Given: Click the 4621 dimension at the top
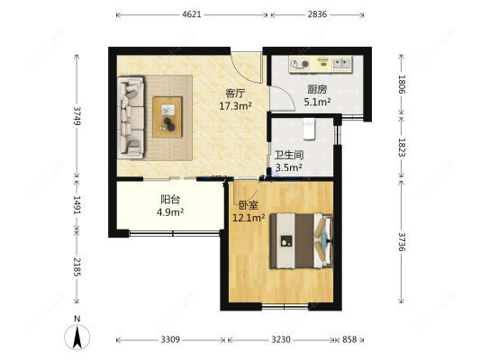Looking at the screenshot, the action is pyautogui.click(x=191, y=14).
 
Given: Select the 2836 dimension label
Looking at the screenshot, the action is pyautogui.click(x=318, y=14).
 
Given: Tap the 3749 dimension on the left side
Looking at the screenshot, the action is pyautogui.click(x=77, y=115).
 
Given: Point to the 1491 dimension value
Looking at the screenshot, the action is pyautogui.click(x=77, y=205).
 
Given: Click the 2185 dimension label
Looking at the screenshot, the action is pyautogui.click(x=77, y=267).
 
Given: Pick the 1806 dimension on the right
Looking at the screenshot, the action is pyautogui.click(x=402, y=84).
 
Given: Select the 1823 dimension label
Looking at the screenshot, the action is pyautogui.click(x=402, y=148).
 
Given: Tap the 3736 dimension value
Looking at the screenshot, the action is pyautogui.click(x=402, y=241).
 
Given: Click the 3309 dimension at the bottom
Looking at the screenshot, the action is pyautogui.click(x=170, y=339).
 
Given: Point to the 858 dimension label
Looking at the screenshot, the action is pyautogui.click(x=349, y=339).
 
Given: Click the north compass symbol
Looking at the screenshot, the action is pyautogui.click(x=77, y=334).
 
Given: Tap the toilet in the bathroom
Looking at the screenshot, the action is pyautogui.click(x=309, y=130).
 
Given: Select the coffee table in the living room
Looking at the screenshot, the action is pyautogui.click(x=168, y=116).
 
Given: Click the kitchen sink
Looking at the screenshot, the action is pyautogui.click(x=342, y=63).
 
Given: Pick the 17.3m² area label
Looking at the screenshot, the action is pyautogui.click(x=235, y=106).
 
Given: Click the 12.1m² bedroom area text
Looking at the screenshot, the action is pyautogui.click(x=249, y=218).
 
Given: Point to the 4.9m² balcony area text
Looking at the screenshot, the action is pyautogui.click(x=170, y=212).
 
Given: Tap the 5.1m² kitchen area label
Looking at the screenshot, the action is pyautogui.click(x=317, y=102).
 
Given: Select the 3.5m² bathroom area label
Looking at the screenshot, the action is pyautogui.click(x=289, y=167).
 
